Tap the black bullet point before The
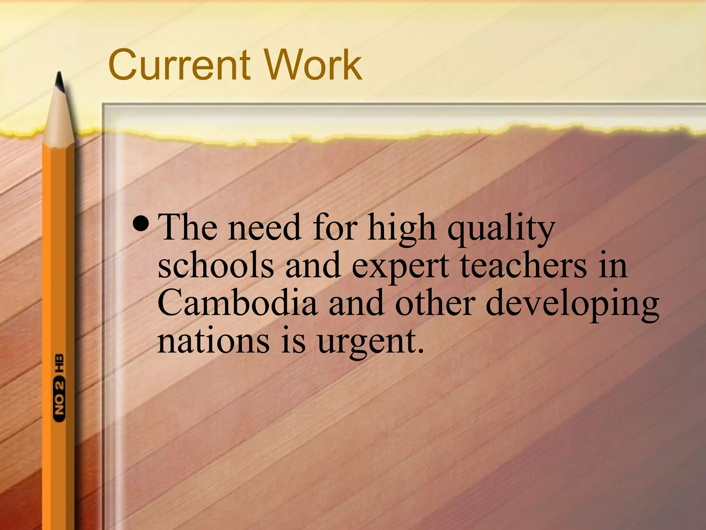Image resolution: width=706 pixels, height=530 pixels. [141, 227]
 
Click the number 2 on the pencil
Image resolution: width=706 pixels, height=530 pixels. [60, 384]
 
